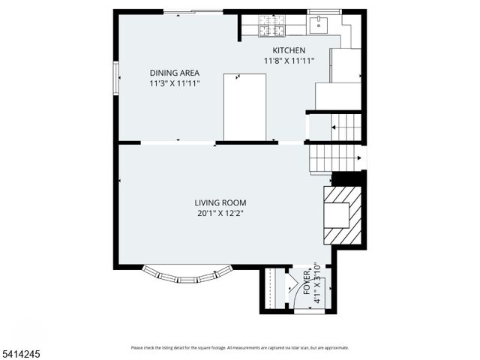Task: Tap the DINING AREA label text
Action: tap(174, 73)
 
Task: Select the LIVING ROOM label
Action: tap(220, 202)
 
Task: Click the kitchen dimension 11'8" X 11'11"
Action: tap(289, 61)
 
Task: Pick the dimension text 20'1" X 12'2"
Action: tap(220, 213)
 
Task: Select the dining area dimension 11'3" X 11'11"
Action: tap(174, 84)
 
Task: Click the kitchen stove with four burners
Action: tap(268, 26)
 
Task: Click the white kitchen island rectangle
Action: tap(244, 106)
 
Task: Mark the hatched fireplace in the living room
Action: tap(342, 216)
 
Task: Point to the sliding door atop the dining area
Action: tap(193, 12)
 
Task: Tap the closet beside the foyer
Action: tap(274, 289)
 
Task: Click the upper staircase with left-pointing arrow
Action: tap(346, 127)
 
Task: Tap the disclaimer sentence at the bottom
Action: tap(239, 348)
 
